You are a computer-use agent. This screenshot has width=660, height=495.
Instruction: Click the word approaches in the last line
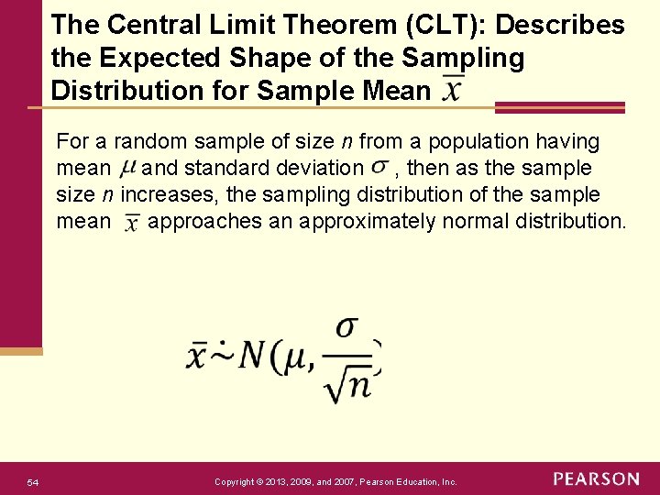201,221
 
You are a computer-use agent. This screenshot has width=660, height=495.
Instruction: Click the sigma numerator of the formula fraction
347,327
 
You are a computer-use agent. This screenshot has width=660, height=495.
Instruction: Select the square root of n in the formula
347,384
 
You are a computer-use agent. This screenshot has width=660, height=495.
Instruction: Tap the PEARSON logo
596,479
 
